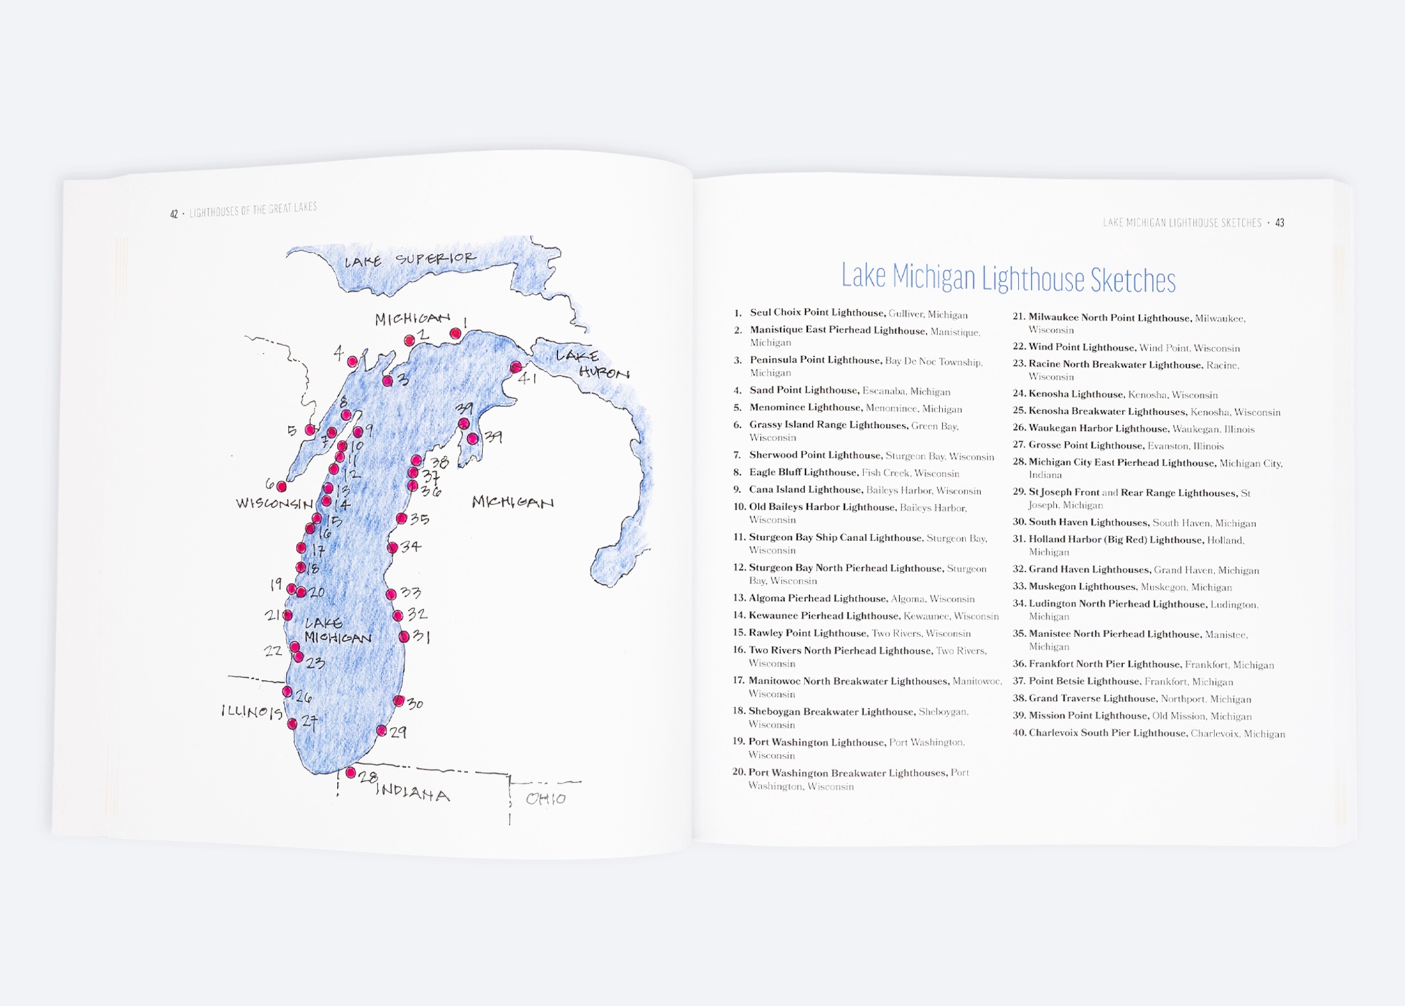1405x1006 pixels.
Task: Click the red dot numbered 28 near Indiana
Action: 350,773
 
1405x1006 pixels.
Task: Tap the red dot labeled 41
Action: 515,367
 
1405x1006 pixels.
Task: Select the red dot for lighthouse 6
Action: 282,486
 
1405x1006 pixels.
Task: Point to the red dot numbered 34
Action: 393,548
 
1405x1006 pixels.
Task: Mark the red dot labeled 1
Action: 456,333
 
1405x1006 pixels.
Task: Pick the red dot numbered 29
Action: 381,730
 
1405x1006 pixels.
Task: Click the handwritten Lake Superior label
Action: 410,260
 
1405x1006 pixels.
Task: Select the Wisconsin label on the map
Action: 274,503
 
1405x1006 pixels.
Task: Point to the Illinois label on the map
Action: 252,712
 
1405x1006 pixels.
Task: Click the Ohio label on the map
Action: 545,799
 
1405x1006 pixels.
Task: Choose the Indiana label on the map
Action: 413,793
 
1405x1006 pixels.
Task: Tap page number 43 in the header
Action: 1280,223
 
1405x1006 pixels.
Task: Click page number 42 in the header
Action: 174,214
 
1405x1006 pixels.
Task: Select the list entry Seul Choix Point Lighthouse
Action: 817,313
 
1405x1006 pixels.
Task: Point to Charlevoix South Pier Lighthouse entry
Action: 1107,733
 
